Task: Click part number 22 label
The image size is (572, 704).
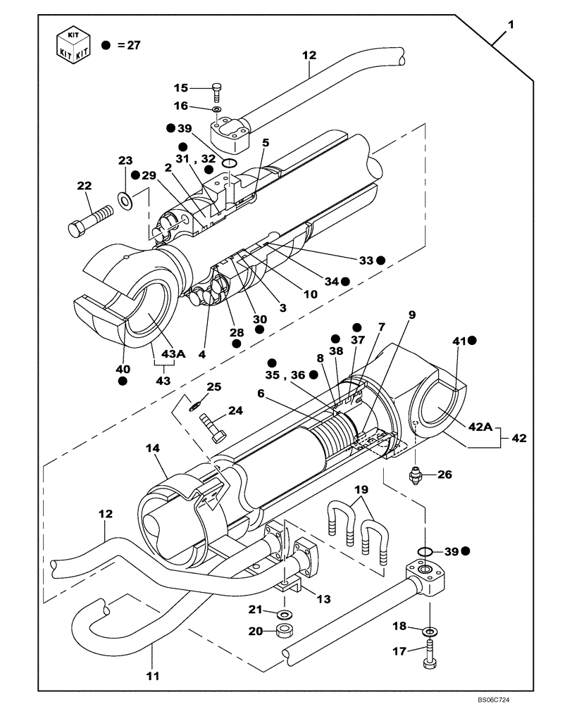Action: (84, 186)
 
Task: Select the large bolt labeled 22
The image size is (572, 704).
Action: (89, 219)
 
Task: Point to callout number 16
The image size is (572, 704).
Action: (181, 106)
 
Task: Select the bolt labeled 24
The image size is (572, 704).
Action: (211, 427)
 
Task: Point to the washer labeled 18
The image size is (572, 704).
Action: (429, 632)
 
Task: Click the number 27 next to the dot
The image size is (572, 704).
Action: (133, 45)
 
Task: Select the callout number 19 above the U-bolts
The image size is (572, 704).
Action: (361, 489)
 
